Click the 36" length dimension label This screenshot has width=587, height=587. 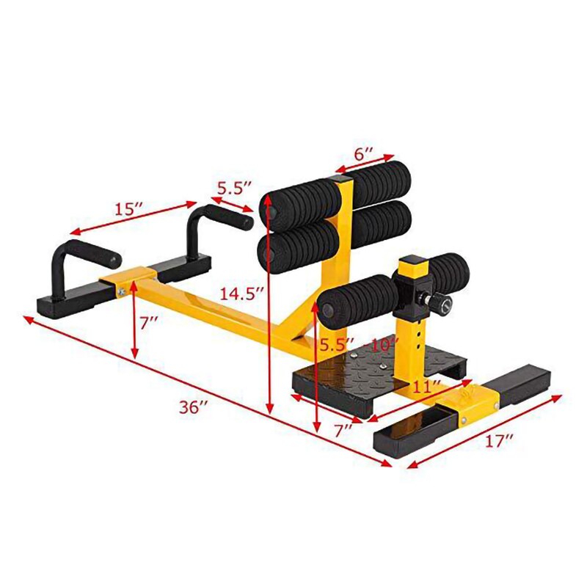pyautogui.click(x=193, y=408)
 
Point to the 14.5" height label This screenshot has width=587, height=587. pyautogui.click(x=241, y=293)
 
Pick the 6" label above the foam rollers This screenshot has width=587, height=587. pyautogui.click(x=364, y=156)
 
